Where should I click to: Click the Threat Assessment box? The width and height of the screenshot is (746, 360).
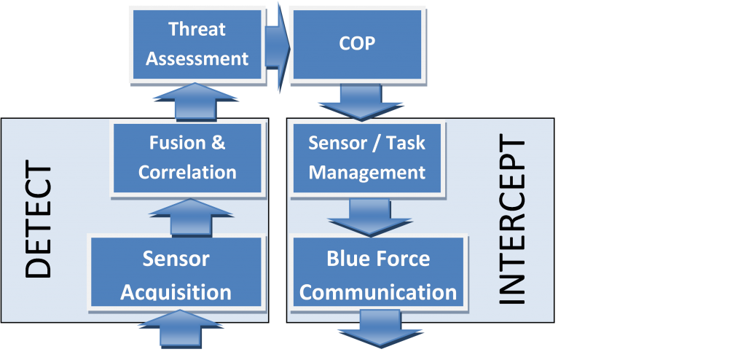click(197, 44)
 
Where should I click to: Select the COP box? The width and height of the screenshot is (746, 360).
click(357, 44)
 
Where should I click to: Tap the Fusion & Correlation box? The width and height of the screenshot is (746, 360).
click(187, 157)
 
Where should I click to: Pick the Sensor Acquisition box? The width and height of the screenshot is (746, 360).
click(176, 275)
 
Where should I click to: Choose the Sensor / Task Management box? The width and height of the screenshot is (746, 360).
click(366, 157)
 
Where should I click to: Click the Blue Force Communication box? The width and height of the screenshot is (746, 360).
click(378, 275)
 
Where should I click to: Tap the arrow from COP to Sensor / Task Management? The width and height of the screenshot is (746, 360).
click(356, 102)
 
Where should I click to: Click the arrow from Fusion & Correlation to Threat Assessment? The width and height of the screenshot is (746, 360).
click(197, 101)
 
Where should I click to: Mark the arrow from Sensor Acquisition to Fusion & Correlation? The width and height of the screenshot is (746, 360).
click(191, 217)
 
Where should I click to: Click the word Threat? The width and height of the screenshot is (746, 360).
click(197, 29)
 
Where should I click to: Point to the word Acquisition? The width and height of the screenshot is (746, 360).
click(176, 292)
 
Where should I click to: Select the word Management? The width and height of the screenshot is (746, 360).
click(366, 173)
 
